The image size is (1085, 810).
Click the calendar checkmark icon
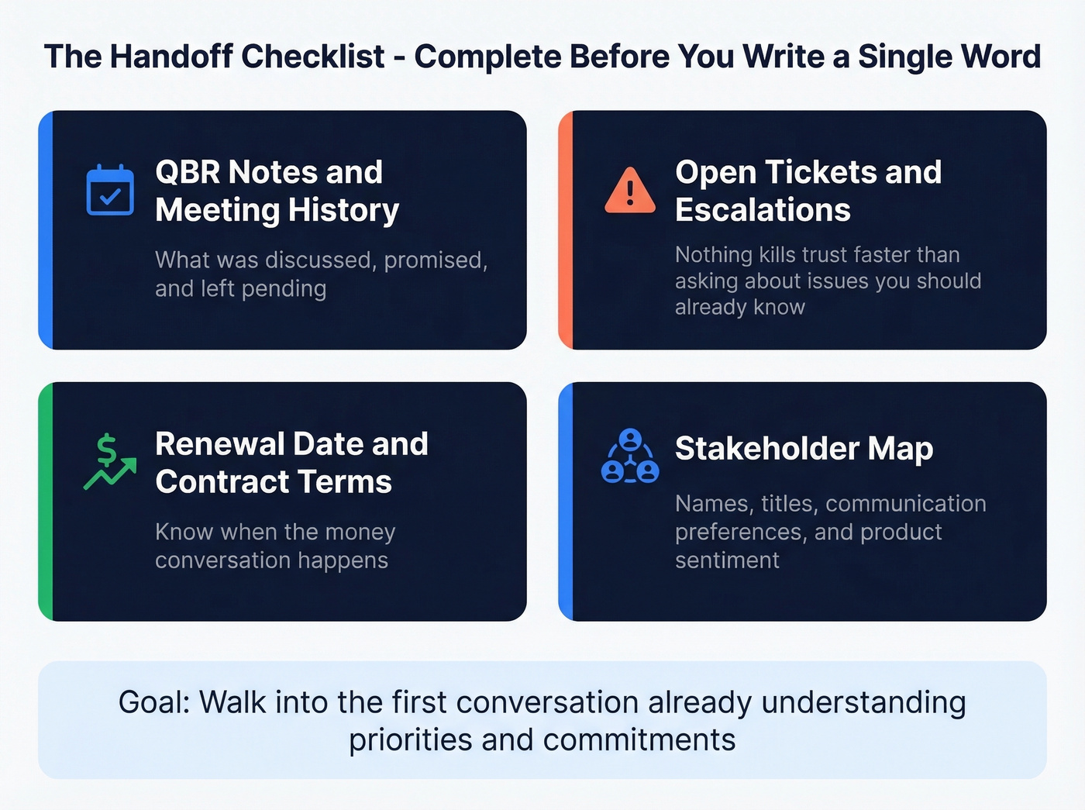109,190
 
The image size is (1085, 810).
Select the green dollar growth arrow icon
109,462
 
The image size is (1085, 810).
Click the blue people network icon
630,457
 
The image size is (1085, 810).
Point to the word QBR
188,172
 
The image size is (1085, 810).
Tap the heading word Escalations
763,210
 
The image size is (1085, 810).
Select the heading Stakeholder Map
804,449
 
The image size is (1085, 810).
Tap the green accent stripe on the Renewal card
46,502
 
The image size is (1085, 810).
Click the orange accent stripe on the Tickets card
566,230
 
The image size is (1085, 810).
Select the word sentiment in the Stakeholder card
727,560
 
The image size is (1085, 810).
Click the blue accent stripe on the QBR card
46,230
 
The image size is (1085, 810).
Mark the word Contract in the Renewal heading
209,482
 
